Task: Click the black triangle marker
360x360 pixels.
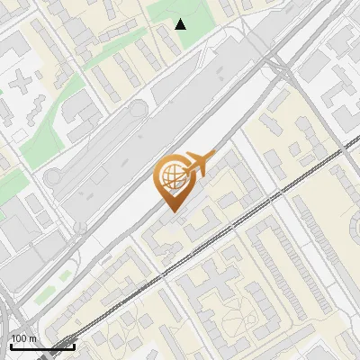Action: tap(181, 23)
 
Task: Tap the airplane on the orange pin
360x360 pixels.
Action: tap(198, 163)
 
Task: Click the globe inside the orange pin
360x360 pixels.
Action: tap(172, 176)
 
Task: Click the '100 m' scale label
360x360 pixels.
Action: tap(23, 339)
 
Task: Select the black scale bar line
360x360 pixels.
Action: tap(42, 346)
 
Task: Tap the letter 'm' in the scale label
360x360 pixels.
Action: tap(32, 339)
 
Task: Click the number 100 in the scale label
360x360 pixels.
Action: tap(19, 339)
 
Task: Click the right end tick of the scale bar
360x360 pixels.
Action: tap(74, 346)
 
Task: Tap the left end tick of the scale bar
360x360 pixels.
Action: tap(11, 346)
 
